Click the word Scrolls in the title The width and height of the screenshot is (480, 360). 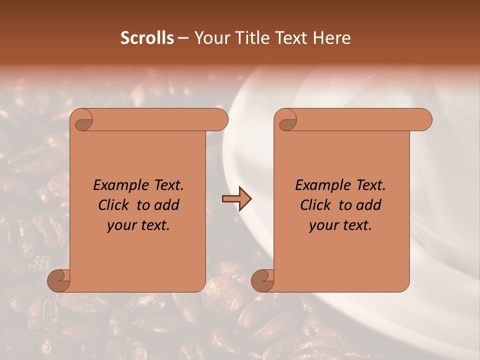[x=147, y=38]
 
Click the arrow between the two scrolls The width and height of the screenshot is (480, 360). [x=236, y=199]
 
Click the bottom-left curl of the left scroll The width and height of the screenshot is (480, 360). [x=58, y=280]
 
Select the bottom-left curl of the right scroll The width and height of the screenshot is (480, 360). [x=262, y=280]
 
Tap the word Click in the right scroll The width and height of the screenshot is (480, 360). [x=315, y=205]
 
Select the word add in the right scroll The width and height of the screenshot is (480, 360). [x=368, y=205]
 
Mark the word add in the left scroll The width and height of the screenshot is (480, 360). [x=167, y=205]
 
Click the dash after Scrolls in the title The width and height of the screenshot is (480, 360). [x=183, y=38]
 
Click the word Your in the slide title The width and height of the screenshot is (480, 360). [x=209, y=38]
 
